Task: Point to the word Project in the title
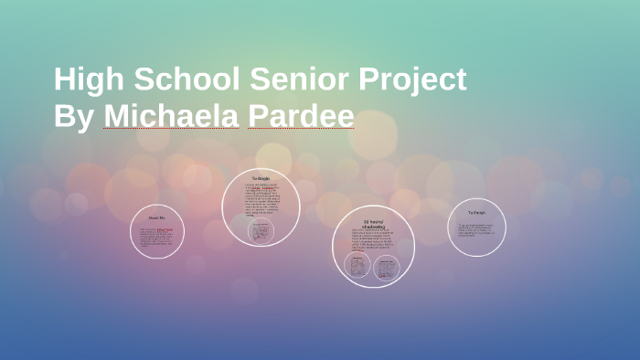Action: tap(413, 80)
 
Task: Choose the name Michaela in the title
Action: tap(171, 118)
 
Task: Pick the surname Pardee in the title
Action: tap(301, 118)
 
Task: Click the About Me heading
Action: tap(157, 218)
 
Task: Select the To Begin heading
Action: tap(261, 178)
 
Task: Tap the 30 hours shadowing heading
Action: tap(373, 224)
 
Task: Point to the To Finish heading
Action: tap(476, 212)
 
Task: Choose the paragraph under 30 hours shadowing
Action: tap(373, 241)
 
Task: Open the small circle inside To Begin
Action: tap(261, 231)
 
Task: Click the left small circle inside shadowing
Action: tap(357, 267)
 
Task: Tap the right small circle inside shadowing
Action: tap(387, 267)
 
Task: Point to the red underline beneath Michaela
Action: tap(171, 129)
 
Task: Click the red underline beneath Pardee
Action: tap(301, 129)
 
